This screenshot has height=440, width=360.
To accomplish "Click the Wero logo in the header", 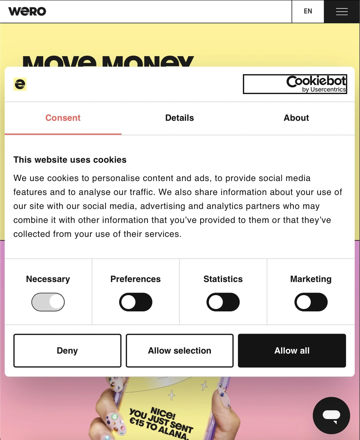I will point(27,11).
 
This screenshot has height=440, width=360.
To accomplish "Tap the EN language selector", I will point(308,11).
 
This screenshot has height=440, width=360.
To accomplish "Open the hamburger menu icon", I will point(342,12).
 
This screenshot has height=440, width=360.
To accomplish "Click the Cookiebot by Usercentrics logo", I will point(295,84).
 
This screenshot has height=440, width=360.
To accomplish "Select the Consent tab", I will point(63,118).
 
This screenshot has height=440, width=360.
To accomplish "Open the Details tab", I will point(179,118).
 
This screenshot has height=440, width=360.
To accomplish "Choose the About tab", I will point(296,118).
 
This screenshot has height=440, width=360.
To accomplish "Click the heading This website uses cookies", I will point(70,160).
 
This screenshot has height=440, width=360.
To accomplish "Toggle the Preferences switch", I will point(136,302).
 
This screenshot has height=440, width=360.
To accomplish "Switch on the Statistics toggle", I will point(223,302).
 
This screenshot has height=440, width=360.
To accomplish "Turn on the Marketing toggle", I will point(311,302).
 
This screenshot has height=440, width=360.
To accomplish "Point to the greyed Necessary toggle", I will point(48,302).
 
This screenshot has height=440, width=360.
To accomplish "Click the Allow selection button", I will point(179,350).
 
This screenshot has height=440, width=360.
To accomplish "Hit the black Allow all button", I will point(292,350).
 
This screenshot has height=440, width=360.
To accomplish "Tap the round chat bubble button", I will point(331,415).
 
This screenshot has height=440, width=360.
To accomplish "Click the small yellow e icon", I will point(20,84).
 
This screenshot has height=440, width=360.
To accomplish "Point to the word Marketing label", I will point(311,279).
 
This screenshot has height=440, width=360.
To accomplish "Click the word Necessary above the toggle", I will point(48,279).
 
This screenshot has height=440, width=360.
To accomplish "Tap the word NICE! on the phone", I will point(163,413).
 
